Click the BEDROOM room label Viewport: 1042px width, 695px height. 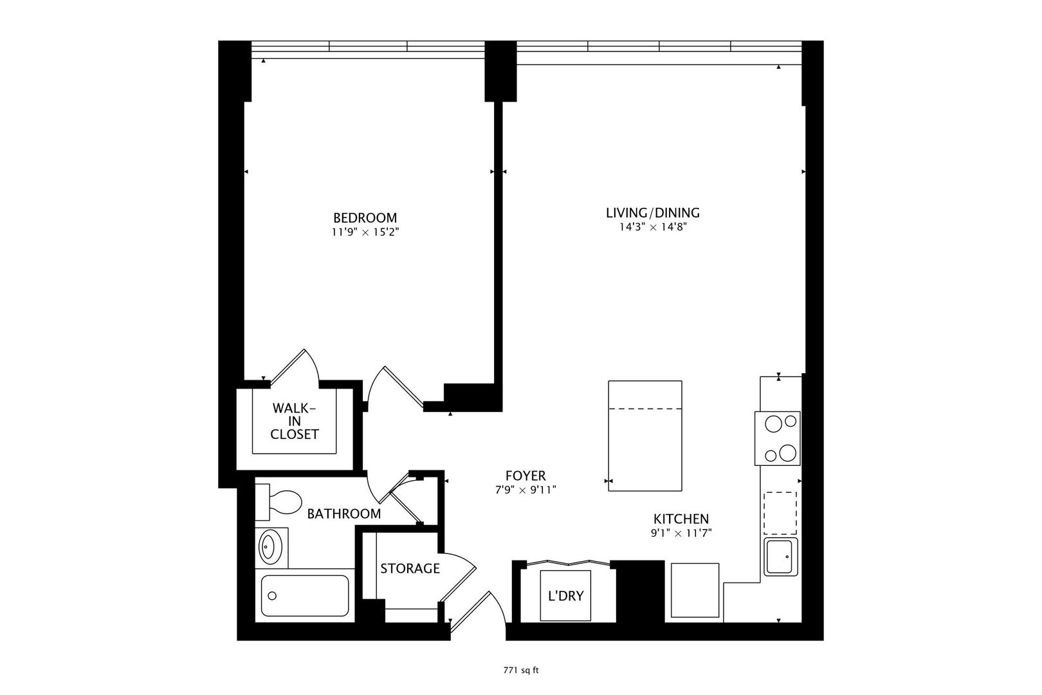(x=365, y=218)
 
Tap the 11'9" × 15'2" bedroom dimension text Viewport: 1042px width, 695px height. (x=365, y=232)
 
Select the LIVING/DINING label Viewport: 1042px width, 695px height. (x=652, y=213)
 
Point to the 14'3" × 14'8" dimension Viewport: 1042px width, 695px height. (x=652, y=227)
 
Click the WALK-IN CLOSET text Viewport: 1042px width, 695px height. (x=294, y=421)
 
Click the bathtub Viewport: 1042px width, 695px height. (x=305, y=595)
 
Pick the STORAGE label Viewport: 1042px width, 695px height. (x=410, y=569)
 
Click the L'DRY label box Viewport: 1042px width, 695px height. (x=565, y=596)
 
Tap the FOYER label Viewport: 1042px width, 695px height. (x=525, y=476)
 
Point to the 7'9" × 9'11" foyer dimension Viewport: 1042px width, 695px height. (x=522, y=490)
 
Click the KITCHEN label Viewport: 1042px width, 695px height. (x=681, y=519)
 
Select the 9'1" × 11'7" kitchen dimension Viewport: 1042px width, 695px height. (x=681, y=533)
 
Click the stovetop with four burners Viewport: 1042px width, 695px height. (x=778, y=438)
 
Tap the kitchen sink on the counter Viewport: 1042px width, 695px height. (x=781, y=557)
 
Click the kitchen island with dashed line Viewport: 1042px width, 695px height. (x=644, y=436)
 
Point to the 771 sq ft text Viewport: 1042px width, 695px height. (x=520, y=670)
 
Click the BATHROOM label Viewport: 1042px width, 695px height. (x=343, y=514)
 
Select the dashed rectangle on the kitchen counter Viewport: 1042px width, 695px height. (x=780, y=513)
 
